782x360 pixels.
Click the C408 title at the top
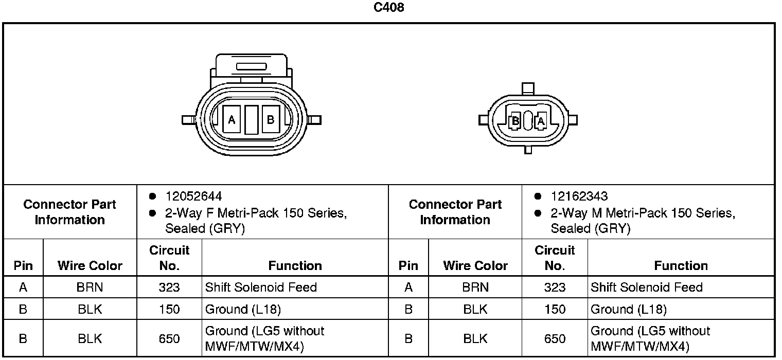pyautogui.click(x=388, y=7)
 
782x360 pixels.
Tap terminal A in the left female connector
pyautogui.click(x=232, y=119)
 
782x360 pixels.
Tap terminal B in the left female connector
pyautogui.click(x=271, y=119)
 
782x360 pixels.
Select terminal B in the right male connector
pyautogui.click(x=516, y=121)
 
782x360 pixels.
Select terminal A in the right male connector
pyautogui.click(x=541, y=121)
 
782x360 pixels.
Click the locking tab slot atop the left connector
pyautogui.click(x=252, y=66)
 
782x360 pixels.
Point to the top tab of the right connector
pyautogui.click(x=528, y=88)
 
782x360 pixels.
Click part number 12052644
pyautogui.click(x=194, y=196)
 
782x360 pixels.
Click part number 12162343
pyautogui.click(x=579, y=196)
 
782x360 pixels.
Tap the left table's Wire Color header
pyautogui.click(x=90, y=266)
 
